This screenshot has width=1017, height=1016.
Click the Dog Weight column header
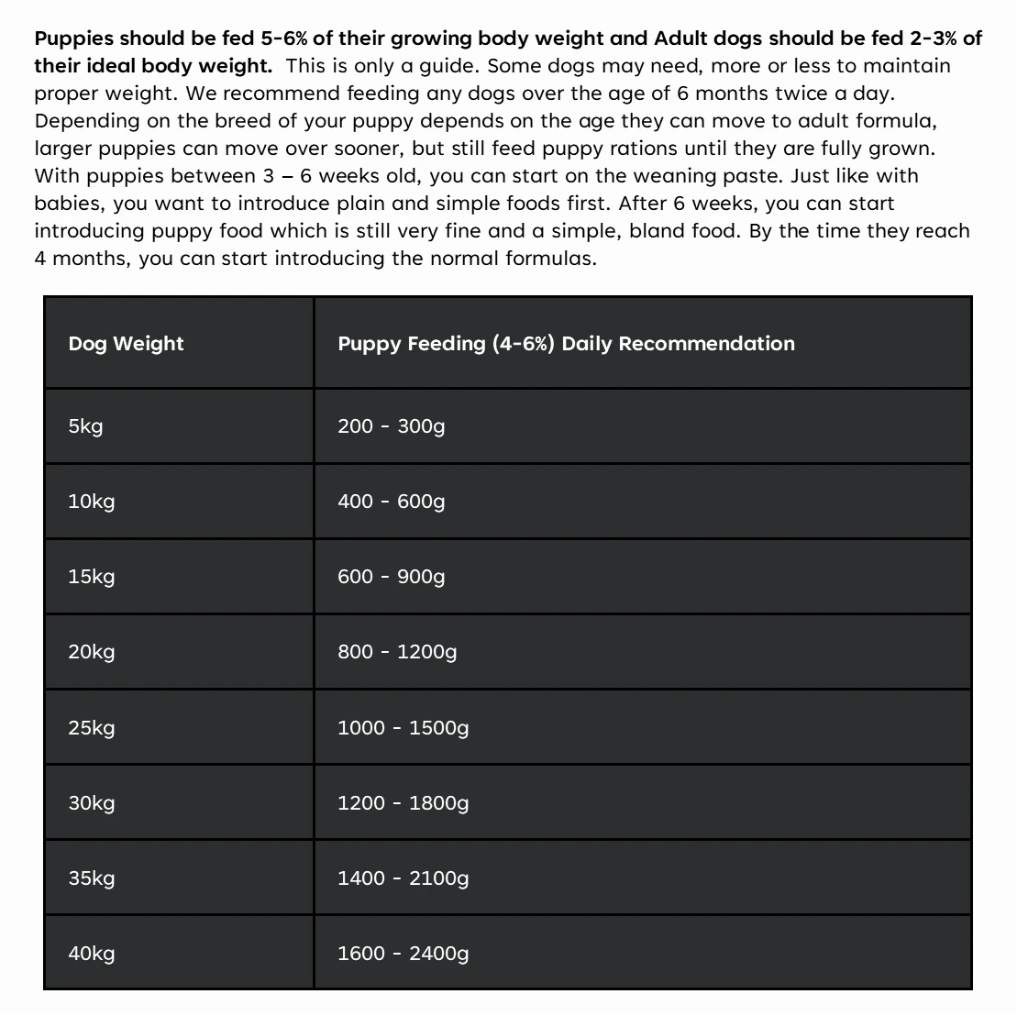point(126,344)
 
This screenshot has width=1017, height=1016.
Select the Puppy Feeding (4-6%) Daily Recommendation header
point(566,344)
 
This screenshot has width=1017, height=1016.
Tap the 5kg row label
point(85,426)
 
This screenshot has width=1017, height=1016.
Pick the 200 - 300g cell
point(391,426)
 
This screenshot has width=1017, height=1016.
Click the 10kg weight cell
point(91,502)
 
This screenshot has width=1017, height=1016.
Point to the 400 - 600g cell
point(391,502)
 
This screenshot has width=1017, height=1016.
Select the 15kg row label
point(91,577)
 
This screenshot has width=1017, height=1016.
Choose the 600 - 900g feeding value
point(391,577)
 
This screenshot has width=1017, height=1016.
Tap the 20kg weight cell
point(91,652)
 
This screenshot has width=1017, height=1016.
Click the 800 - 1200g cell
point(396,652)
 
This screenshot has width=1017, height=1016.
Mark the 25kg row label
point(91,728)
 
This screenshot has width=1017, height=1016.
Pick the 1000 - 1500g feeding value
point(403,728)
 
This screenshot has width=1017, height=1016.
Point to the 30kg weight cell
point(91,803)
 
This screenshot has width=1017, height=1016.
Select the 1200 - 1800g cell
point(403,803)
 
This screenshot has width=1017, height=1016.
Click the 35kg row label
point(91,878)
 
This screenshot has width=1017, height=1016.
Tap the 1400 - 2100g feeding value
point(403,878)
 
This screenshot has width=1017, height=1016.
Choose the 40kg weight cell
point(91,954)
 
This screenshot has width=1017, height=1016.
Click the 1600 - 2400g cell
point(403,954)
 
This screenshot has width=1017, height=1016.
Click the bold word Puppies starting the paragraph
point(73,39)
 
